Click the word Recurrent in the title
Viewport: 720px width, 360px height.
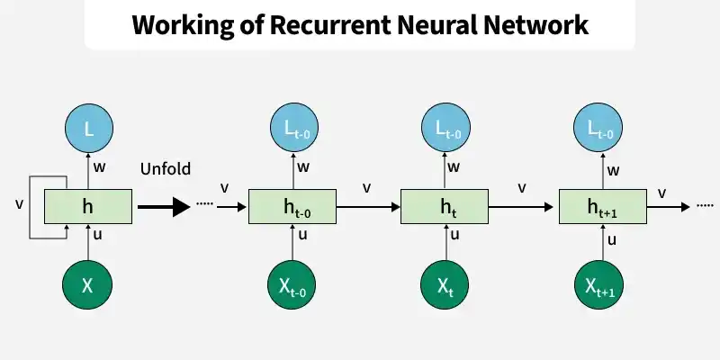coord(329,24)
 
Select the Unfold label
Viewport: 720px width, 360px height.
coord(166,168)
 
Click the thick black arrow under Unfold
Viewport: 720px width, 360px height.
coord(164,207)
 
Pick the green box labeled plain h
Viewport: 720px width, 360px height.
coord(88,207)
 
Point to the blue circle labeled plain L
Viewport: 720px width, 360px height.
coord(88,128)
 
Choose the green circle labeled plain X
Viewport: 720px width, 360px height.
coord(87,284)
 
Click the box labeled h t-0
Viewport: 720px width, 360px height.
coord(292,207)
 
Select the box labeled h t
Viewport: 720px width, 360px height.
coord(445,207)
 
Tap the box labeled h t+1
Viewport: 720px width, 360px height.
coord(603,207)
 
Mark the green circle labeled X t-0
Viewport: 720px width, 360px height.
coord(292,284)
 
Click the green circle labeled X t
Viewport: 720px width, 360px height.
coord(445,284)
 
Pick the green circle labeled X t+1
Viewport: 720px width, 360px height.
coord(599,284)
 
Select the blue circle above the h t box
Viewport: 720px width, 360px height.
coord(445,128)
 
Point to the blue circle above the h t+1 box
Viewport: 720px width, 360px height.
coord(598,128)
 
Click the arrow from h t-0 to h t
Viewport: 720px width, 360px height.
coord(368,207)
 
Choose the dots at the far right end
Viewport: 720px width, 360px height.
coord(705,206)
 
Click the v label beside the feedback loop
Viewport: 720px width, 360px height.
coord(19,204)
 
